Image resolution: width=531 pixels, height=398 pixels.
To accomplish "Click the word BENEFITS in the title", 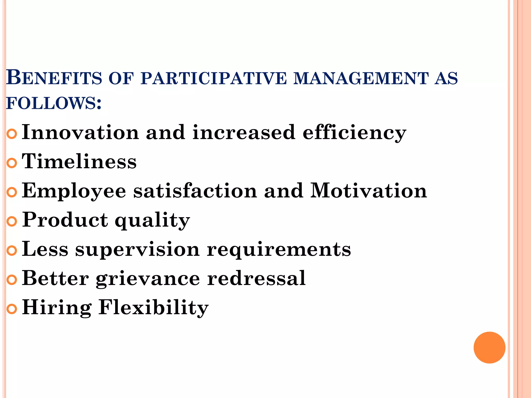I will [x=54, y=78].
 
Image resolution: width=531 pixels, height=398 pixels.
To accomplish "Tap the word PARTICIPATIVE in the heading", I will [x=214, y=78].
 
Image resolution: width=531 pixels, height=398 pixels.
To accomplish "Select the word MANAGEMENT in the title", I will [x=361, y=78].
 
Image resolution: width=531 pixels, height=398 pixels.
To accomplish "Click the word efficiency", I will [x=354, y=133].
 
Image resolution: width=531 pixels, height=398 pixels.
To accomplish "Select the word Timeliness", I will [x=79, y=161].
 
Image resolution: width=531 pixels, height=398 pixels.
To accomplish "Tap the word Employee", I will [x=74, y=191].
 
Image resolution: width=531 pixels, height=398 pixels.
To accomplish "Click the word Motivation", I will [x=368, y=191].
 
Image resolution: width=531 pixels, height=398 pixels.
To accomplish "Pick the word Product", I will [x=65, y=220].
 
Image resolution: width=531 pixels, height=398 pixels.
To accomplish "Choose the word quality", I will [x=152, y=221].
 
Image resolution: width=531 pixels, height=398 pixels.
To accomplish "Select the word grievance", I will [x=148, y=279].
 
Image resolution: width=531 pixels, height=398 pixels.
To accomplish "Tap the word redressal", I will [x=256, y=278].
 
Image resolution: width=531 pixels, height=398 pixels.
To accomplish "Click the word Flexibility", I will [x=153, y=308].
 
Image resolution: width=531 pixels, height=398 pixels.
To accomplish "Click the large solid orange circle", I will [x=489, y=347].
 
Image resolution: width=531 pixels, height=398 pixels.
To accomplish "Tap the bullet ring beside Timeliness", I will [x=12, y=163].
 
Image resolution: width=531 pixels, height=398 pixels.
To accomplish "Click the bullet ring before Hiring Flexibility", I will [x=12, y=309].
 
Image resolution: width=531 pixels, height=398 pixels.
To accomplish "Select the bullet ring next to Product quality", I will [x=12, y=222].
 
